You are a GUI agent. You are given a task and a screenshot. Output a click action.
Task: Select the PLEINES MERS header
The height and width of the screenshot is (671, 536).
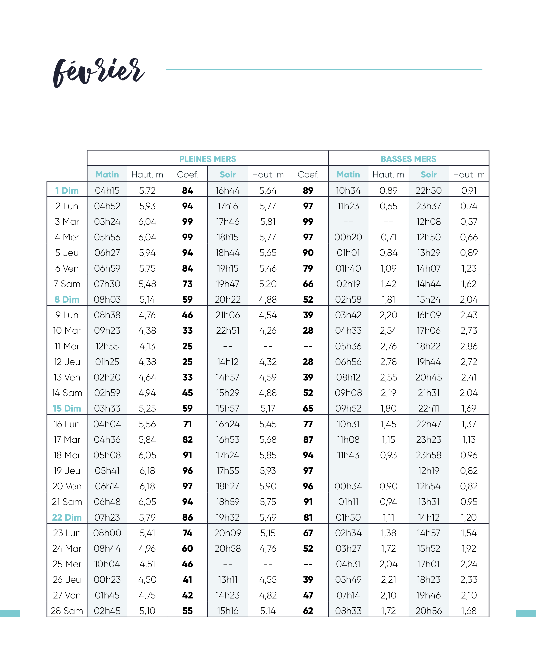(208, 159)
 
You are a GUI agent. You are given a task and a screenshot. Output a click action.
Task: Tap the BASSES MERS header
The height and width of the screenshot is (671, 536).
(408, 159)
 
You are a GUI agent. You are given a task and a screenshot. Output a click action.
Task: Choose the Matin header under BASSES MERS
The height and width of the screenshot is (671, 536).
(348, 175)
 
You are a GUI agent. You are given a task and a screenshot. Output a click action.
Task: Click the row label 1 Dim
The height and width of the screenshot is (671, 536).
(67, 191)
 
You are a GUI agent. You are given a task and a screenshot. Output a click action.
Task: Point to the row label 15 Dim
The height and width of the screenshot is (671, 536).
(67, 408)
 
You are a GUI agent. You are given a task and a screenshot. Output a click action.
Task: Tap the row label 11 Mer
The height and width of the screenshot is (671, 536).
(67, 346)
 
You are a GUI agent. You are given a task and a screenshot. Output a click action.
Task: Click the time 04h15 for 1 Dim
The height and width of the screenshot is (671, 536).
(107, 191)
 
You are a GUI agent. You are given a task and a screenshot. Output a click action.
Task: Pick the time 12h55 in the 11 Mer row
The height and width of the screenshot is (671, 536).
(107, 346)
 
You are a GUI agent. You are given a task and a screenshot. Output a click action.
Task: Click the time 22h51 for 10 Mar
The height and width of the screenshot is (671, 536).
(228, 330)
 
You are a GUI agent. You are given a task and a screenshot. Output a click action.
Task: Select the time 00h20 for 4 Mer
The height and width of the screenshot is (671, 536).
(348, 237)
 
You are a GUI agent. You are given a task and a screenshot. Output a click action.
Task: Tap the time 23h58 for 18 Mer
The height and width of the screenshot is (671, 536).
(428, 455)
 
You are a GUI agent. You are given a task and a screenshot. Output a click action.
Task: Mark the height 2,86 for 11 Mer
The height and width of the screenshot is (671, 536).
(469, 346)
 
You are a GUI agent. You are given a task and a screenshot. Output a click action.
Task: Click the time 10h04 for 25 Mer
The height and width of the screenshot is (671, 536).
(107, 564)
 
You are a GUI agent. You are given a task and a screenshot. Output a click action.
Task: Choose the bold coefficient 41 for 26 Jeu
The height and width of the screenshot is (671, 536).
(187, 580)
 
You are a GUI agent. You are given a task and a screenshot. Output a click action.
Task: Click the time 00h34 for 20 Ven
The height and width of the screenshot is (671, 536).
(348, 486)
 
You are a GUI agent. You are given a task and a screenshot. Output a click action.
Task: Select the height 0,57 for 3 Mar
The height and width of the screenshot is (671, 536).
(469, 222)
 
